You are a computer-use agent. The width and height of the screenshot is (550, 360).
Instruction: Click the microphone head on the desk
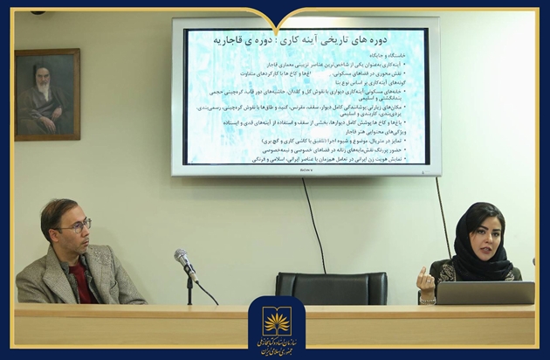[x=182, y=258]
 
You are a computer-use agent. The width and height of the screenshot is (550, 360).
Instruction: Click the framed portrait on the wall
[x=47, y=93]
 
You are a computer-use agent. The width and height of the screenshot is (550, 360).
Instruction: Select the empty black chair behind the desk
[x=331, y=287]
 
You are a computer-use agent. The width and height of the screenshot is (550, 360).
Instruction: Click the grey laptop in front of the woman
[x=485, y=293]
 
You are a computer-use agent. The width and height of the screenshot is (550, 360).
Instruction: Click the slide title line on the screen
[x=306, y=39]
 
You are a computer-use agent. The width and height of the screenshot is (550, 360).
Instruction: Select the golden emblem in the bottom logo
[x=277, y=321]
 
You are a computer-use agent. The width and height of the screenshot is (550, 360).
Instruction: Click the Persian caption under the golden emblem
[x=277, y=345]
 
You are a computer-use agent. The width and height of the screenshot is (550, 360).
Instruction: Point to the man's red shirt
[x=81, y=284]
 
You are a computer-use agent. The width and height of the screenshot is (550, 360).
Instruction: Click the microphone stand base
[x=189, y=301]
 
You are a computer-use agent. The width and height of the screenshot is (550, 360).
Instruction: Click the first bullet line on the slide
[x=340, y=65]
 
